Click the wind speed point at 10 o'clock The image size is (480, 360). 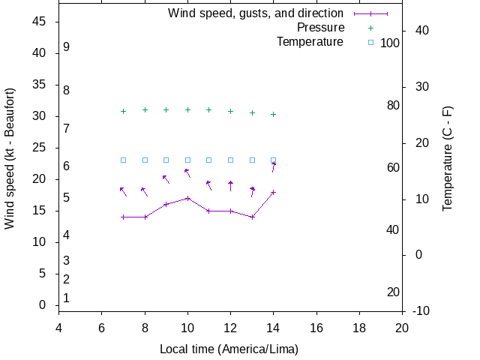tap(187, 198)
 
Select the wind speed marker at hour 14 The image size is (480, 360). tap(274, 192)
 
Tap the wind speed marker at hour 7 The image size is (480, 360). tap(123, 217)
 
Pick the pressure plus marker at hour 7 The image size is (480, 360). tap(123, 111)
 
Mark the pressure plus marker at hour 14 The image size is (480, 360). tap(274, 114)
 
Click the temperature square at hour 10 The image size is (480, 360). tap(187, 160)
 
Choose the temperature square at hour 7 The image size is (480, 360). tap(123, 160)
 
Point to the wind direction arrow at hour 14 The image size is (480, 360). tap(274, 167)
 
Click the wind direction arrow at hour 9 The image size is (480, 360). tap(167, 178)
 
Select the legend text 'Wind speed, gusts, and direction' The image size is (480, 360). tap(256, 13)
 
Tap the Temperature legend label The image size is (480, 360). tap(310, 42)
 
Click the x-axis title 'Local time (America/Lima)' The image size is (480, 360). tap(229, 349)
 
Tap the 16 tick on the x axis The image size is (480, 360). tap(316, 328)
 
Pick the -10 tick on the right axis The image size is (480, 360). tap(420, 310)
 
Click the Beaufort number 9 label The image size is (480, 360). tap(67, 46)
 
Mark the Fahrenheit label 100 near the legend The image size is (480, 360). tap(390, 43)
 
